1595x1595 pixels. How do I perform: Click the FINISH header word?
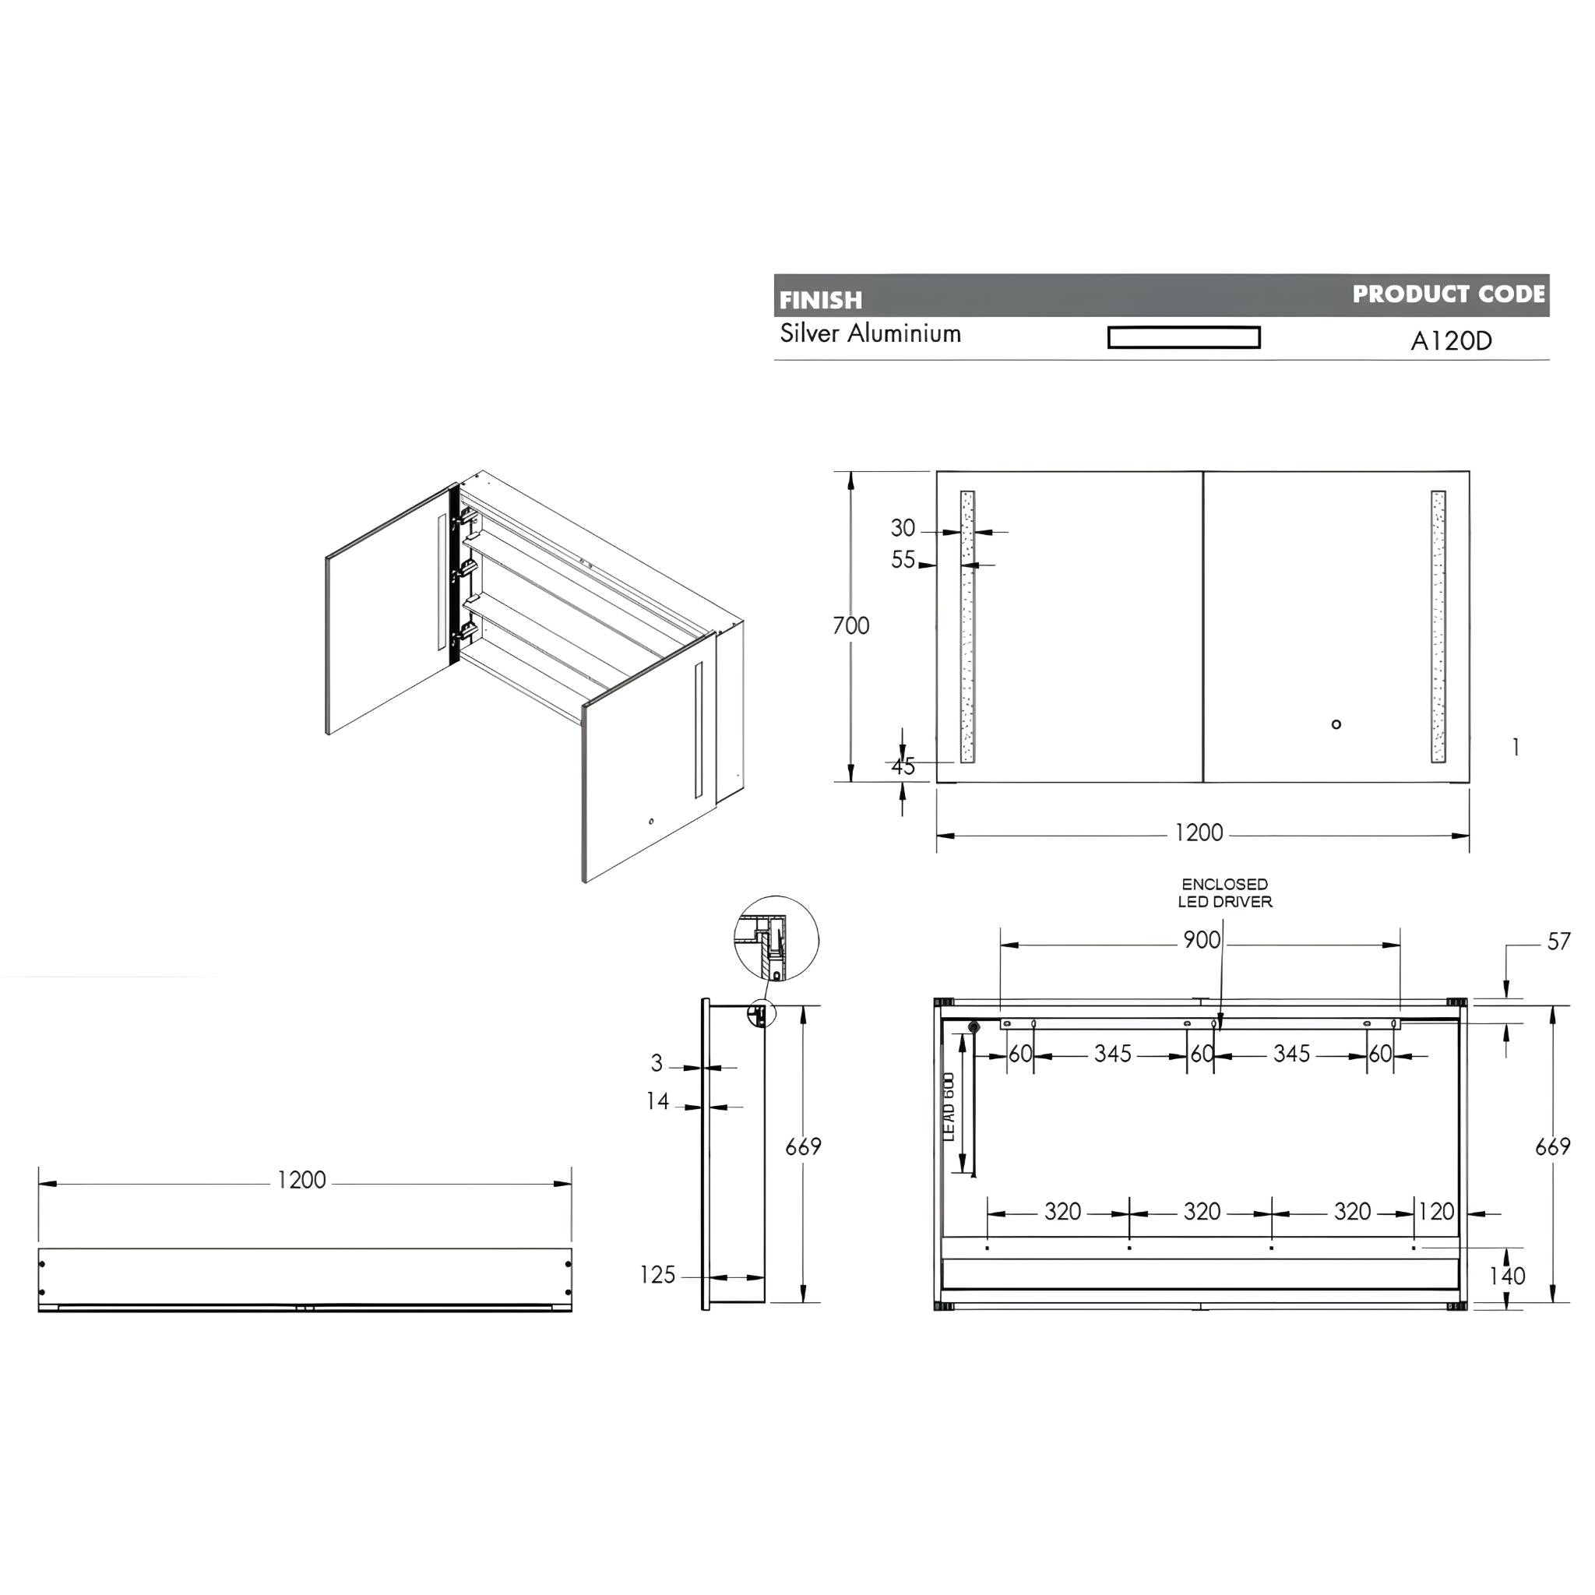pos(820,300)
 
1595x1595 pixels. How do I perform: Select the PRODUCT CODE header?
pos(1447,294)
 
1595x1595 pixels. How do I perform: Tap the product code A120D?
pos(1450,341)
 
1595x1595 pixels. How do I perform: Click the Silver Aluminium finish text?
pos(870,333)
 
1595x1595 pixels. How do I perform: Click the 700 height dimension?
pos(850,626)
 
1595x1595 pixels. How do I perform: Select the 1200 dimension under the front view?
pos(1198,833)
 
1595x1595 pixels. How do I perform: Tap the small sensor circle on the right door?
pos(1336,724)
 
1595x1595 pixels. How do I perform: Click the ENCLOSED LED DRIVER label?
pos(1224,893)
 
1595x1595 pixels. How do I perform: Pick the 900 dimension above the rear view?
pos(1201,940)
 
